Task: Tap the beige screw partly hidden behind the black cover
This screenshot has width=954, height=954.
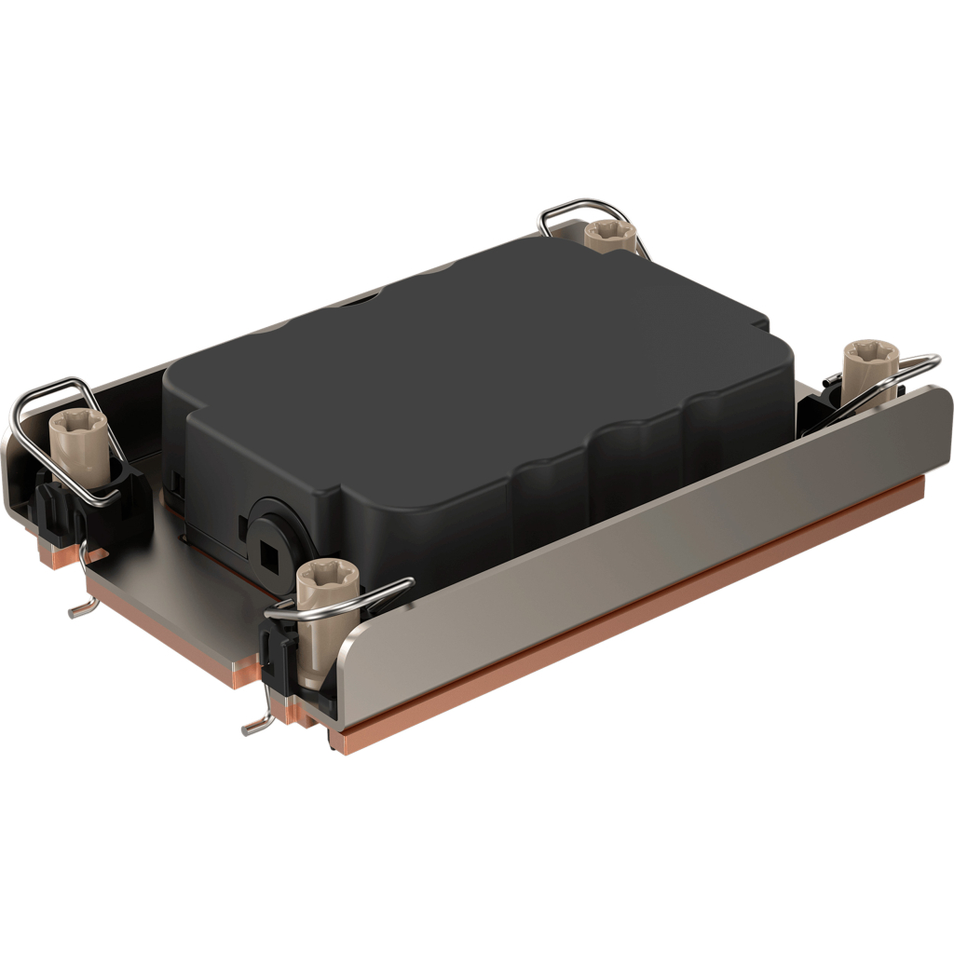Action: [609, 235]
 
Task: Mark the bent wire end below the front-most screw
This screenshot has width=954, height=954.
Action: [253, 725]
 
